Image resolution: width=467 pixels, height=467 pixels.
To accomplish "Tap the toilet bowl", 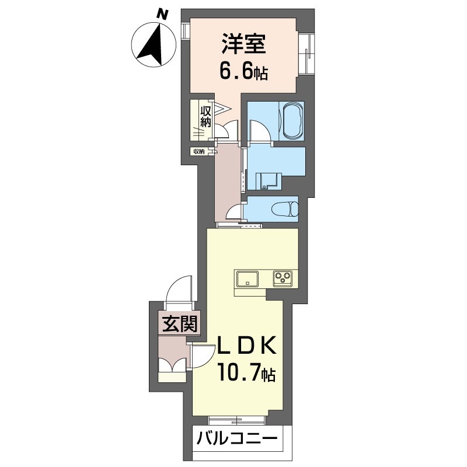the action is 285,209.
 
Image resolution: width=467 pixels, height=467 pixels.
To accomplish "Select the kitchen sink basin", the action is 247,279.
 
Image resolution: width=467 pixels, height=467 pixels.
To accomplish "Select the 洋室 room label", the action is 243,44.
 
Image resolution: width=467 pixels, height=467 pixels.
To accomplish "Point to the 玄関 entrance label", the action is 180,324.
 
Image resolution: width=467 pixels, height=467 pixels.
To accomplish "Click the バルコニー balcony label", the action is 238,439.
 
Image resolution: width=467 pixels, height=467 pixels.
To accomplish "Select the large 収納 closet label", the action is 205,117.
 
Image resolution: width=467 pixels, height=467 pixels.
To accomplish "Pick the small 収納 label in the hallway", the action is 199,151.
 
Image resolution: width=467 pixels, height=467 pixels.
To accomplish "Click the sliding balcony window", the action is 236,420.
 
